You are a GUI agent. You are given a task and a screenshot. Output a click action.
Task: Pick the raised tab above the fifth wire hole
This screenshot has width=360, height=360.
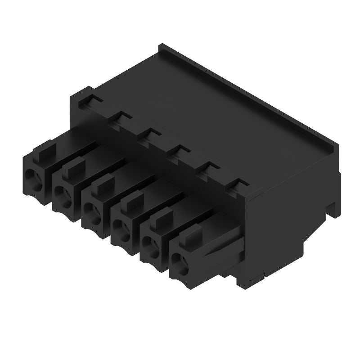pyautogui.click(x=159, y=219)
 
